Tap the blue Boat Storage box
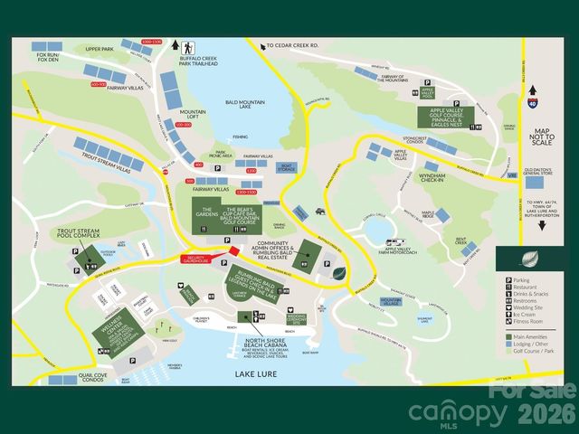pos(288,167)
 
